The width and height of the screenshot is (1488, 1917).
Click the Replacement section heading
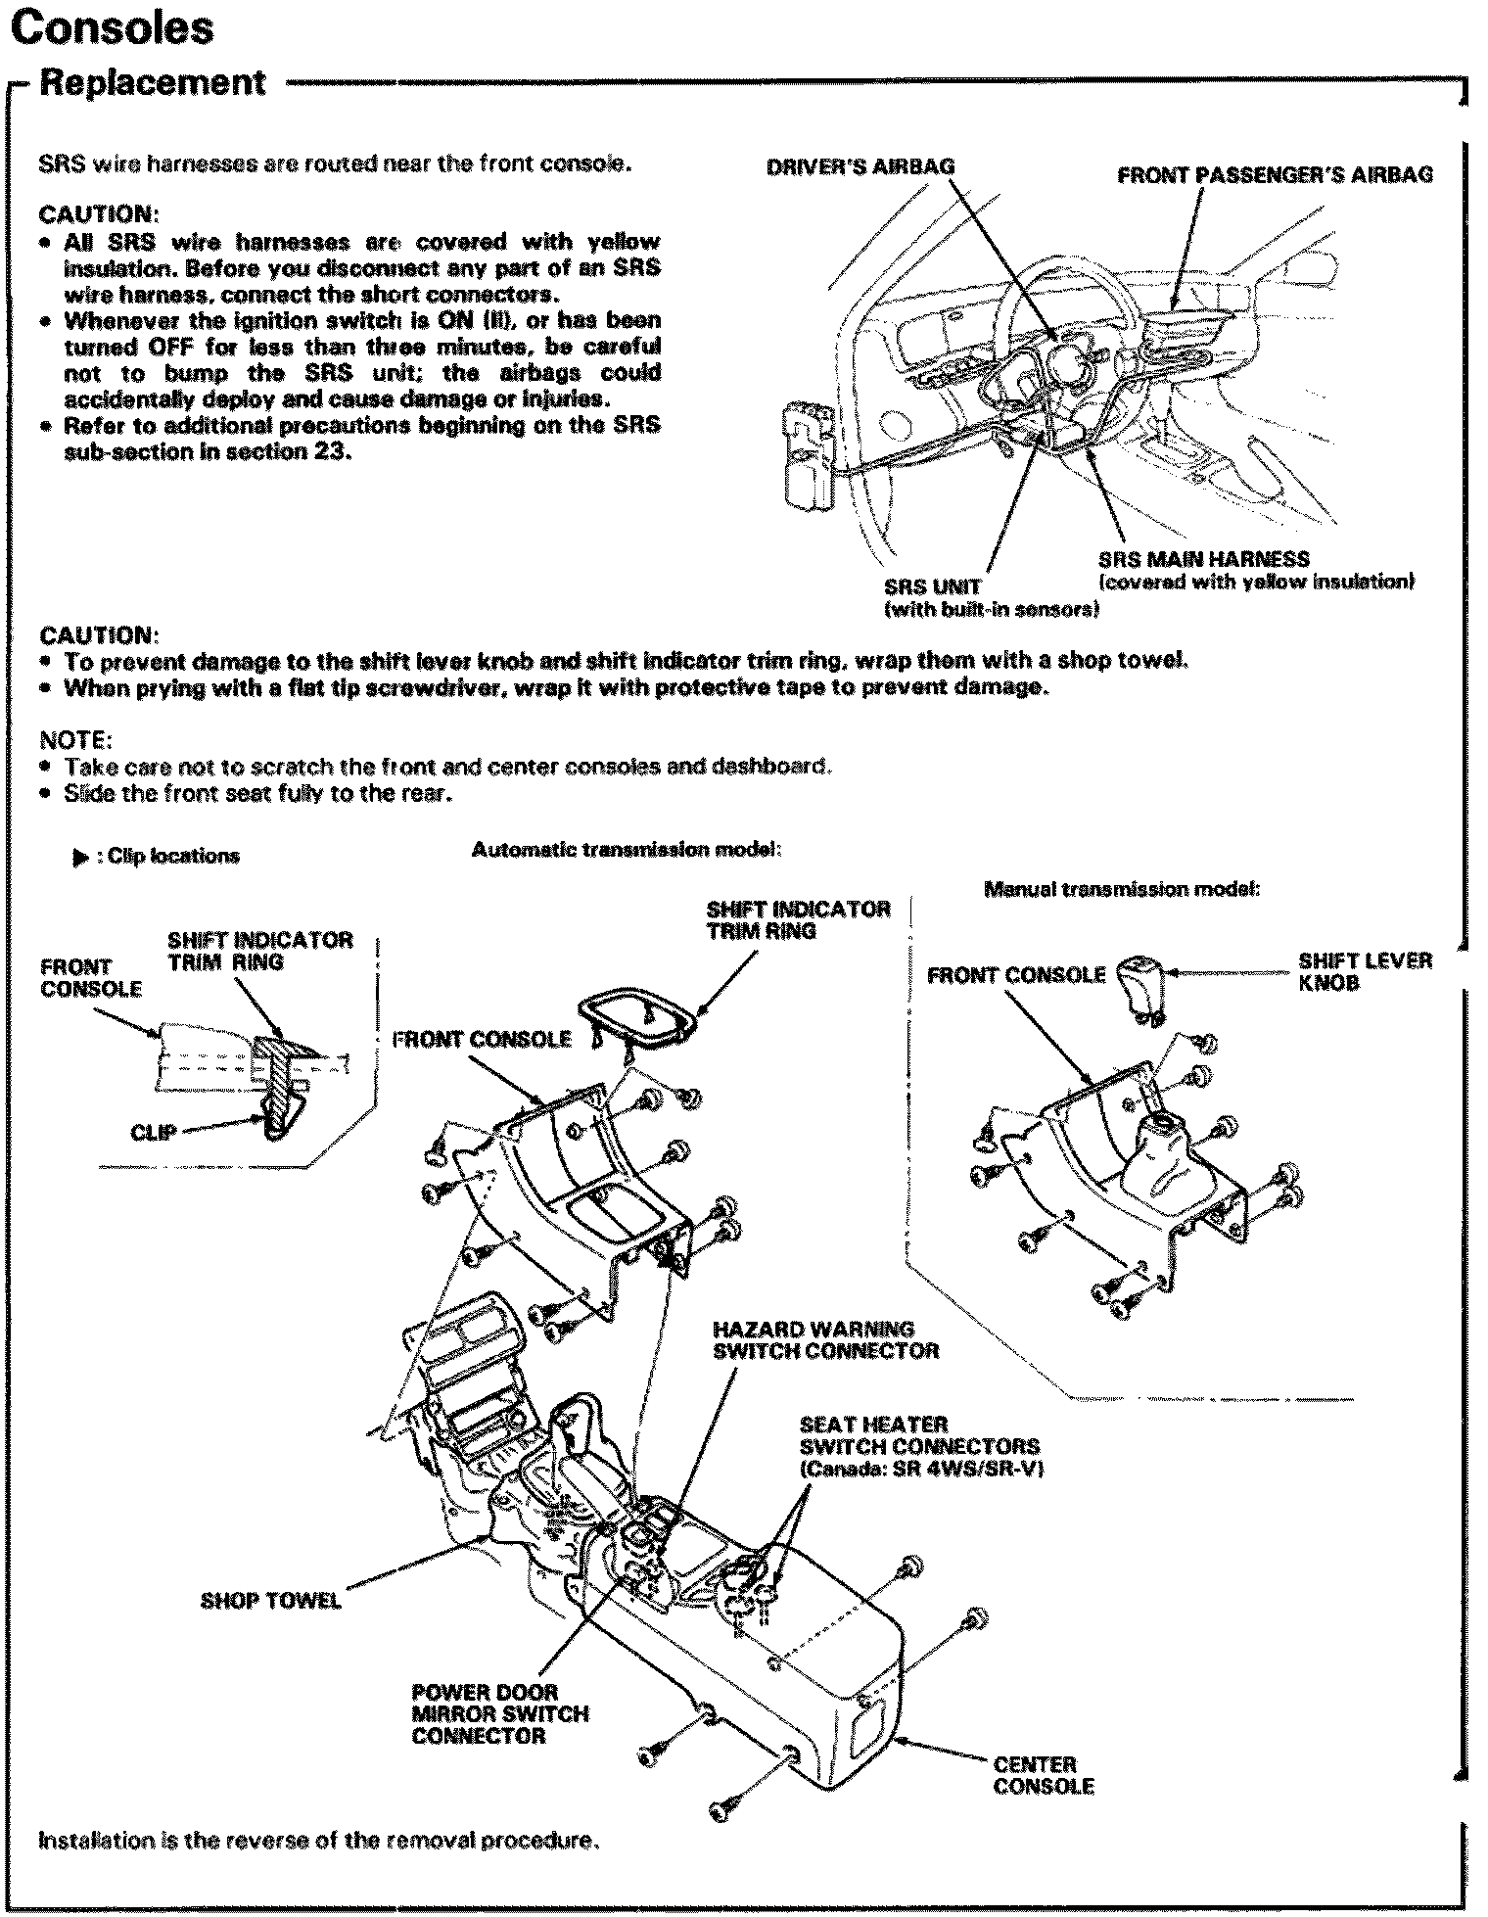(x=152, y=82)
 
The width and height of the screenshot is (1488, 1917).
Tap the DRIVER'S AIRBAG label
(x=860, y=166)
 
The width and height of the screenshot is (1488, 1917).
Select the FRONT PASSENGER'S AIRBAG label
(x=1275, y=175)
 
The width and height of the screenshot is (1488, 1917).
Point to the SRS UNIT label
(x=932, y=587)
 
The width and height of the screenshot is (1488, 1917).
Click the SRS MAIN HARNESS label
(x=1203, y=560)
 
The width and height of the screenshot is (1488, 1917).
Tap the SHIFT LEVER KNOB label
(x=1365, y=971)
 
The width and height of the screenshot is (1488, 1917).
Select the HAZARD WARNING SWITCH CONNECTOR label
(x=825, y=1340)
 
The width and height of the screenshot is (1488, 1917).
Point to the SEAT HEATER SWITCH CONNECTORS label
(x=918, y=1446)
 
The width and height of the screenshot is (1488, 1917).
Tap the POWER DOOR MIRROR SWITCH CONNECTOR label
(x=499, y=1713)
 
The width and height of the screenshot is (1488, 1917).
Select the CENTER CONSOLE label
(x=1043, y=1775)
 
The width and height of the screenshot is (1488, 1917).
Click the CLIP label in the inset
(x=153, y=1133)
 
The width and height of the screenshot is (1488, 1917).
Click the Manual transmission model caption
(x=1120, y=890)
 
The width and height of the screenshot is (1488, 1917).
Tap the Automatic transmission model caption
(x=625, y=850)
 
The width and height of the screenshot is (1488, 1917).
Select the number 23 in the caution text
(x=333, y=453)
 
